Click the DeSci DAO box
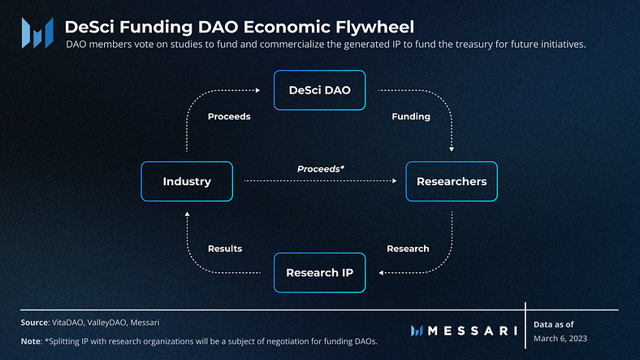[320, 90]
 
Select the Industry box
[187, 181]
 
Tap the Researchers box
[452, 181]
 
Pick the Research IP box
[320, 272]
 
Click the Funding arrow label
[411, 116]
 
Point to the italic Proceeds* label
[321, 168]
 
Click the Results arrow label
[225, 248]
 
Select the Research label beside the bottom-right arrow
[408, 248]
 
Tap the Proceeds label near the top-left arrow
[229, 116]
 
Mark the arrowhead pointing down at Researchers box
[452, 151]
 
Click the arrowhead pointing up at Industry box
[187, 212]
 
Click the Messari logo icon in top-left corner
[37, 33]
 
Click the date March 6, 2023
[560, 338]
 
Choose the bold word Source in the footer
[34, 323]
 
